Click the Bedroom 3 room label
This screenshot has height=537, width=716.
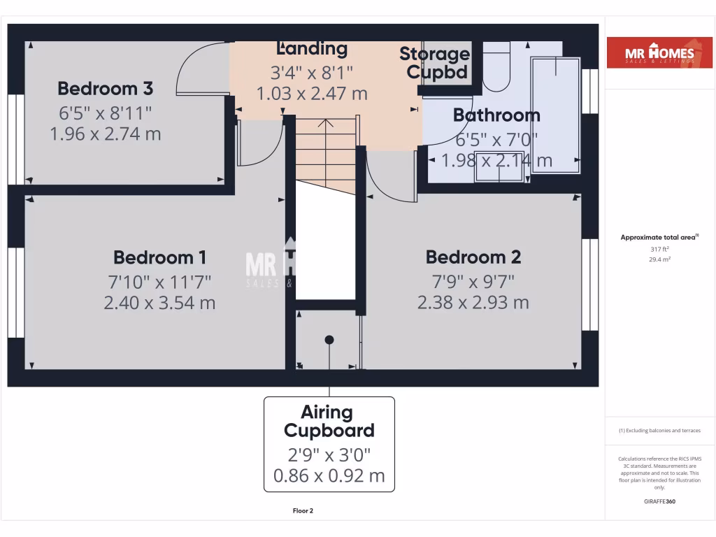105,89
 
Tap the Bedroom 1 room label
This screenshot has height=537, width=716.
159,257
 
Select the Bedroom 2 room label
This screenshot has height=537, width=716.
473,257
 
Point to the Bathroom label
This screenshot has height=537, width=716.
496,115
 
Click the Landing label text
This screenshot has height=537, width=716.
312,48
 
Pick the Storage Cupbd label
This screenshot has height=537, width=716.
434,62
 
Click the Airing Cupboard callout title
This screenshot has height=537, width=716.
329,421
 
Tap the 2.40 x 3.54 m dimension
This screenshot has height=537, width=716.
159,303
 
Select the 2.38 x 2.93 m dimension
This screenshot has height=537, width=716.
473,303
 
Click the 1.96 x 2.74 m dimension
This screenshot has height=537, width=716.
105,134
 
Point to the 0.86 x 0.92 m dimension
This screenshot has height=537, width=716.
329,477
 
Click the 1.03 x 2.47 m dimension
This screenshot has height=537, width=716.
312,93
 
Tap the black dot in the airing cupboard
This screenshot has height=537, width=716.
329,340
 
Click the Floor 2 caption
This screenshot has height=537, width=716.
303,511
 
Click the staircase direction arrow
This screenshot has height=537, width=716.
326,126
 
